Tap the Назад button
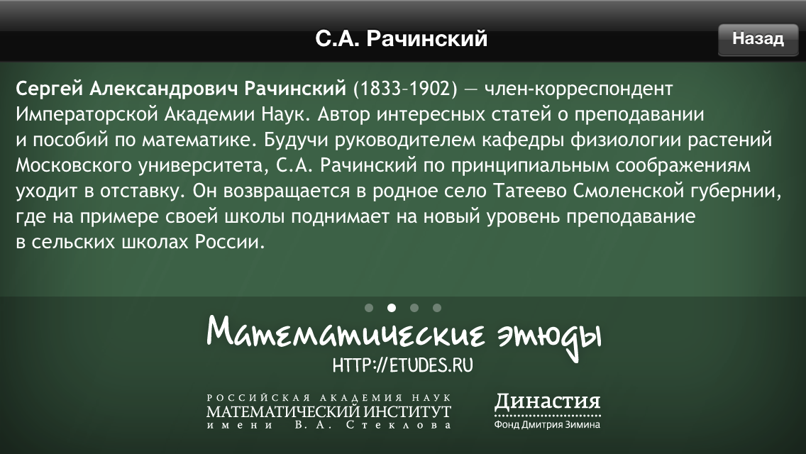point(758,39)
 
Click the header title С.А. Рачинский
point(401,39)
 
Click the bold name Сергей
point(50,89)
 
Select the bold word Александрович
point(164,89)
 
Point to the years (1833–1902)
point(405,89)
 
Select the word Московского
point(74,165)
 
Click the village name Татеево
point(529,192)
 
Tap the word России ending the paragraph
point(229,242)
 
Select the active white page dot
point(392,308)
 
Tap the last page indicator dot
point(437,308)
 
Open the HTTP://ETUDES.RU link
point(402,365)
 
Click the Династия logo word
point(548,402)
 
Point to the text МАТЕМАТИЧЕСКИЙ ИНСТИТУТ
point(329,412)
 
